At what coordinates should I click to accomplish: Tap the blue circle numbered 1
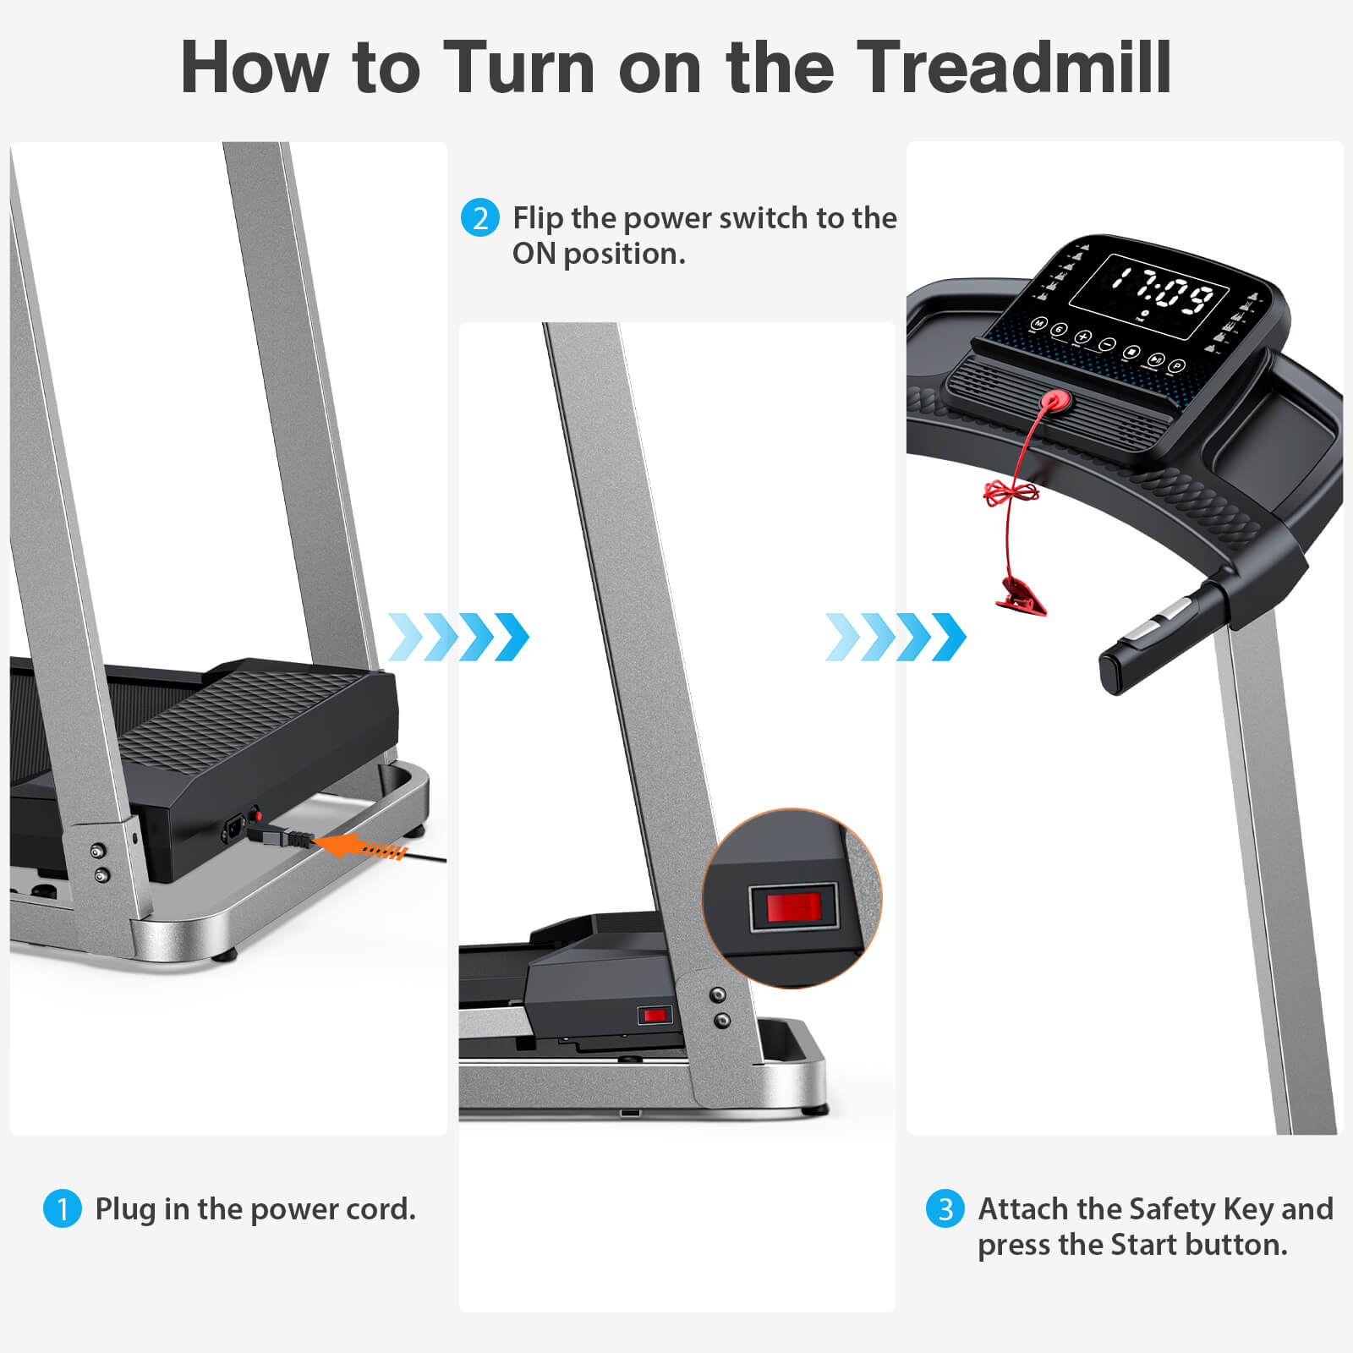point(62,1208)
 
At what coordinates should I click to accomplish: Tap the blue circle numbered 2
point(479,218)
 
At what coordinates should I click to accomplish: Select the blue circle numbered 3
point(945,1209)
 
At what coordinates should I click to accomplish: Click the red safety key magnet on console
point(1054,401)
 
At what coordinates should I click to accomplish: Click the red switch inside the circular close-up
point(793,907)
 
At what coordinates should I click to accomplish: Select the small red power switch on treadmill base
point(654,1015)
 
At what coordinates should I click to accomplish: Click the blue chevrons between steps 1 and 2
point(458,637)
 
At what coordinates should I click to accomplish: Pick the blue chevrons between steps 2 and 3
point(896,637)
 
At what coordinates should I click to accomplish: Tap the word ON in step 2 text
point(534,254)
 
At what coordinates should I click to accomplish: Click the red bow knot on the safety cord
point(1011,492)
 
